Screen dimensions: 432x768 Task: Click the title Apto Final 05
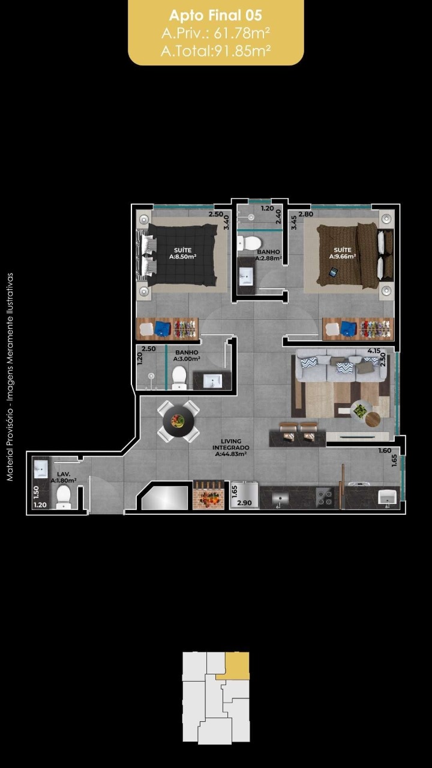[x=215, y=16]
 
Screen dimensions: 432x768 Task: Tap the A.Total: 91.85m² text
[x=215, y=51]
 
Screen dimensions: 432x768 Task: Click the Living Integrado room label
[x=231, y=448]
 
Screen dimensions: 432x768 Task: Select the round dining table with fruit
[x=178, y=421]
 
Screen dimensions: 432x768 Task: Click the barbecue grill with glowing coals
[x=208, y=495]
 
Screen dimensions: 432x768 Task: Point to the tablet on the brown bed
[x=333, y=272]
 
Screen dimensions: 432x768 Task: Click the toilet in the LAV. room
[x=64, y=497]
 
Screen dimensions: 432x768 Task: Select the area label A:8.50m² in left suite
[x=183, y=256]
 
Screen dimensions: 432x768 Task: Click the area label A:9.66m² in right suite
[x=343, y=256]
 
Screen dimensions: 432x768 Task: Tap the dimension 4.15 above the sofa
[x=374, y=351]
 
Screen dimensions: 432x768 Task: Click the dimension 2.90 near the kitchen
[x=244, y=503]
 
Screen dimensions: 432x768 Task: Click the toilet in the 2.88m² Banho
[x=249, y=244]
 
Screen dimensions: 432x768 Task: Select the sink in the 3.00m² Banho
[x=212, y=381]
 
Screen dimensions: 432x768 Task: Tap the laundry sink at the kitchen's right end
[x=388, y=497]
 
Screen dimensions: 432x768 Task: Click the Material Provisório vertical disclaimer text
[x=10, y=377]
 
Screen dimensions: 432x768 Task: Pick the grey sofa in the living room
[x=340, y=366]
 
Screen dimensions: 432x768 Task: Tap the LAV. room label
[x=64, y=474]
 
